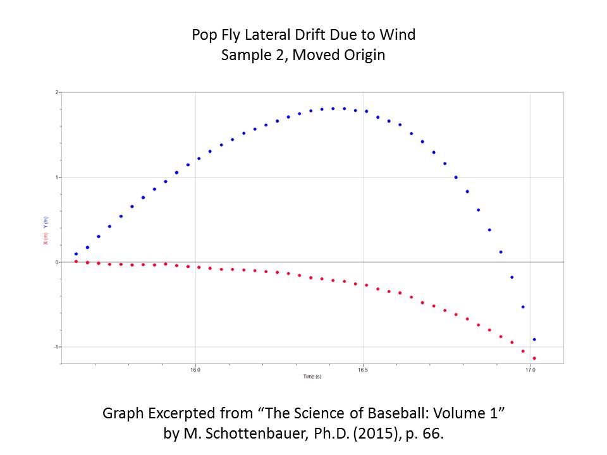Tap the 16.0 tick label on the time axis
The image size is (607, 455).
pyautogui.click(x=195, y=371)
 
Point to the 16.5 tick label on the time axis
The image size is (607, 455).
pyautogui.click(x=362, y=371)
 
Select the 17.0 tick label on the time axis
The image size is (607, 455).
pyautogui.click(x=530, y=371)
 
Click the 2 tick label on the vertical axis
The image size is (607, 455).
pyautogui.click(x=56, y=92)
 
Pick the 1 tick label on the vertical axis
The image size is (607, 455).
pyautogui.click(x=56, y=177)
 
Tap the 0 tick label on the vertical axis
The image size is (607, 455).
pyautogui.click(x=56, y=262)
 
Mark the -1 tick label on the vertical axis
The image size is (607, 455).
pyautogui.click(x=56, y=346)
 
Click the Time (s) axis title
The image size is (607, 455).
pyautogui.click(x=312, y=377)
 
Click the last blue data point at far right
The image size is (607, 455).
pyautogui.click(x=534, y=339)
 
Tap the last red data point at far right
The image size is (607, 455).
pyautogui.click(x=534, y=358)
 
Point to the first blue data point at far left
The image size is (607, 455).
pyautogui.click(x=76, y=254)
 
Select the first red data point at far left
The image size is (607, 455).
pyautogui.click(x=76, y=261)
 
